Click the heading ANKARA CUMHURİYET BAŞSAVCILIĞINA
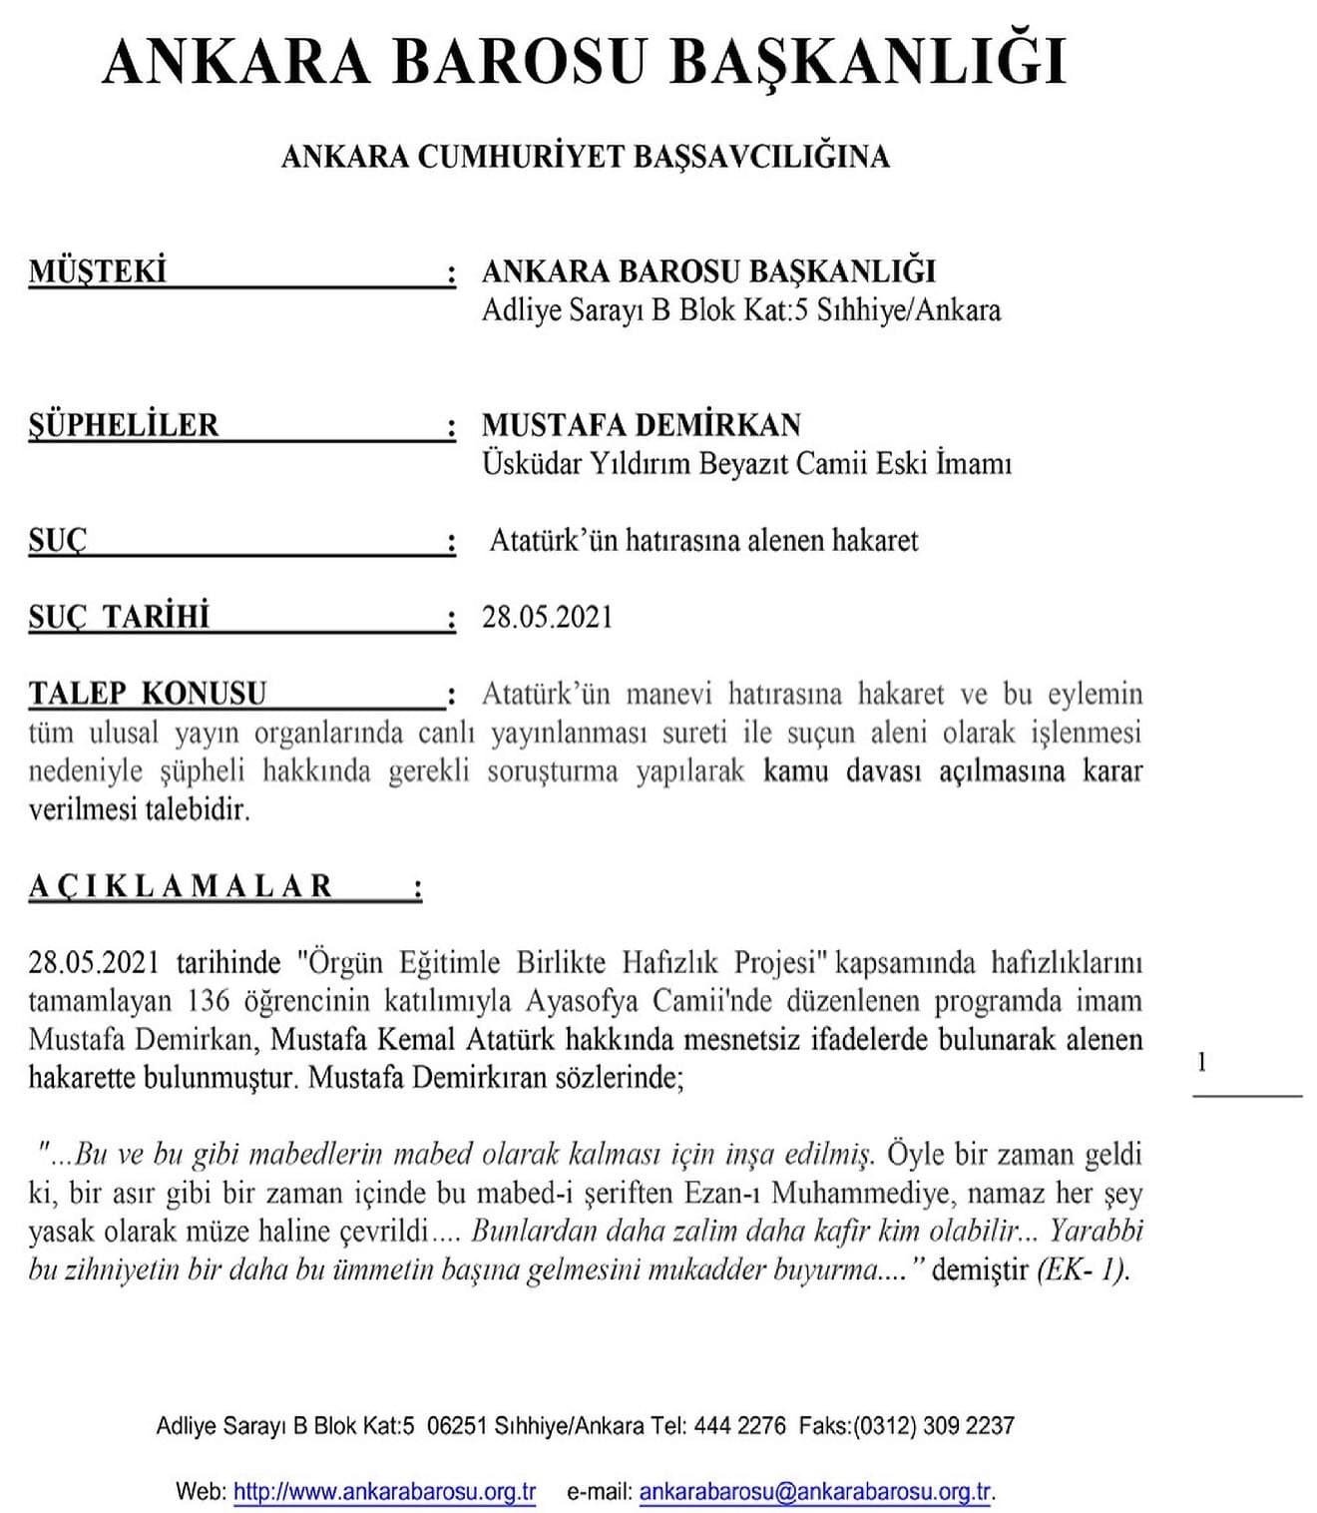pos(585,157)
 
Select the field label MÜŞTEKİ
pos(98,271)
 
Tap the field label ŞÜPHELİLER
pos(124,425)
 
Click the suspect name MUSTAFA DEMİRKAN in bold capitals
pos(641,425)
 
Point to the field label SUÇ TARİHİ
pos(119,617)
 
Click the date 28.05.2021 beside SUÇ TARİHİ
pos(547,617)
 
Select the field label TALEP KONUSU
pos(148,693)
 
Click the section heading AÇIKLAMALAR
pos(181,886)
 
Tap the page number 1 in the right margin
pos(1201,1062)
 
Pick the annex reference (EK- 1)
pos(1083,1270)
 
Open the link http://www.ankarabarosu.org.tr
pos(384,1492)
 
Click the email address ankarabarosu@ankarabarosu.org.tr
pos(815,1492)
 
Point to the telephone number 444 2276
pos(739,1425)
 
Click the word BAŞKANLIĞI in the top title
pos(867,62)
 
